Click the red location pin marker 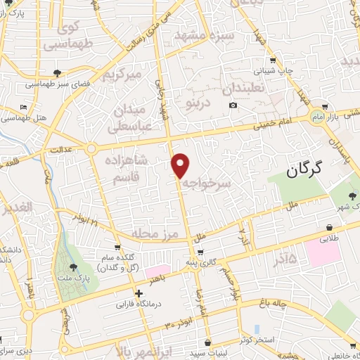tap(181, 165)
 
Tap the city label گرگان tap(304, 169)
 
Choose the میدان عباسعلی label tap(129, 119)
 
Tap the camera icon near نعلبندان tap(233, 105)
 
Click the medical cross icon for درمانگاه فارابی tap(139, 294)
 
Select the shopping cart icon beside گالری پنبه tap(201, 252)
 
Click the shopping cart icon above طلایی tap(330, 227)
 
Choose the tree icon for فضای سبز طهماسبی tap(56, 72)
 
